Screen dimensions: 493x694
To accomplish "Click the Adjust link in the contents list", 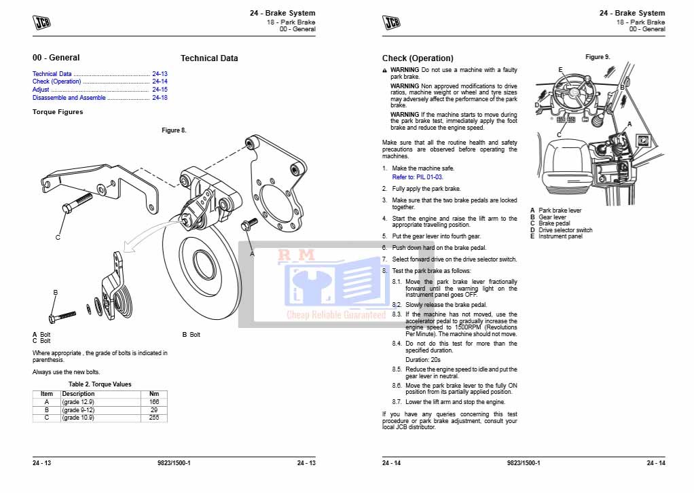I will click(x=41, y=90).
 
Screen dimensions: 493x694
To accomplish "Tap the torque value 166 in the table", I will click(x=153, y=402).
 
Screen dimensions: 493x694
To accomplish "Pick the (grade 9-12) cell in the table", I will click(x=78, y=410).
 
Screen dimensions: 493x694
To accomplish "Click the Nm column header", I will click(x=153, y=394).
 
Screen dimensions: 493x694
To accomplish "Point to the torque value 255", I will click(x=153, y=418).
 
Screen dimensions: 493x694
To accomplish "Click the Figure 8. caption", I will click(x=174, y=130).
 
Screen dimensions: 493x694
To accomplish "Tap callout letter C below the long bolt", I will click(x=58, y=238).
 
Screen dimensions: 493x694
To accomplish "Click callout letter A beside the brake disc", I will click(x=252, y=253).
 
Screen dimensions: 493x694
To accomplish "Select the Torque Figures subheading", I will click(x=58, y=112).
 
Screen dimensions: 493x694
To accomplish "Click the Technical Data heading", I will click(x=209, y=58).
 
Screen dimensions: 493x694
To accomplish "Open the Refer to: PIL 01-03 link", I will click(x=418, y=177).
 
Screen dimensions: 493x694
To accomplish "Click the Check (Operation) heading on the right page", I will click(x=418, y=58).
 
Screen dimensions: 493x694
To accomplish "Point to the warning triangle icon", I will click(x=385, y=70).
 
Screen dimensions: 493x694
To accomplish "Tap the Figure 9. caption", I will click(x=598, y=57).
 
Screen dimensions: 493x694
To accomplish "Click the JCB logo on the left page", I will click(x=42, y=22).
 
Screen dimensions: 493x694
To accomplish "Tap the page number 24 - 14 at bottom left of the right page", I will click(x=392, y=463).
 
